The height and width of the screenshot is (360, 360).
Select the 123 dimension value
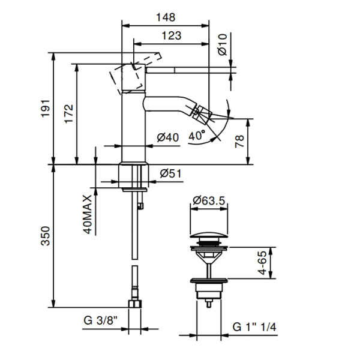click(x=171, y=35)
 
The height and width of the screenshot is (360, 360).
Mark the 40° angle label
click(x=196, y=136)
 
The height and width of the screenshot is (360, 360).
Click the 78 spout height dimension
click(x=239, y=142)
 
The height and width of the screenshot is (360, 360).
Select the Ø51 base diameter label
click(x=171, y=174)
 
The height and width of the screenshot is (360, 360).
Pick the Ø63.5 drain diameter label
click(x=209, y=202)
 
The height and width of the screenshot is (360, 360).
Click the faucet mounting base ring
click(x=134, y=175)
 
